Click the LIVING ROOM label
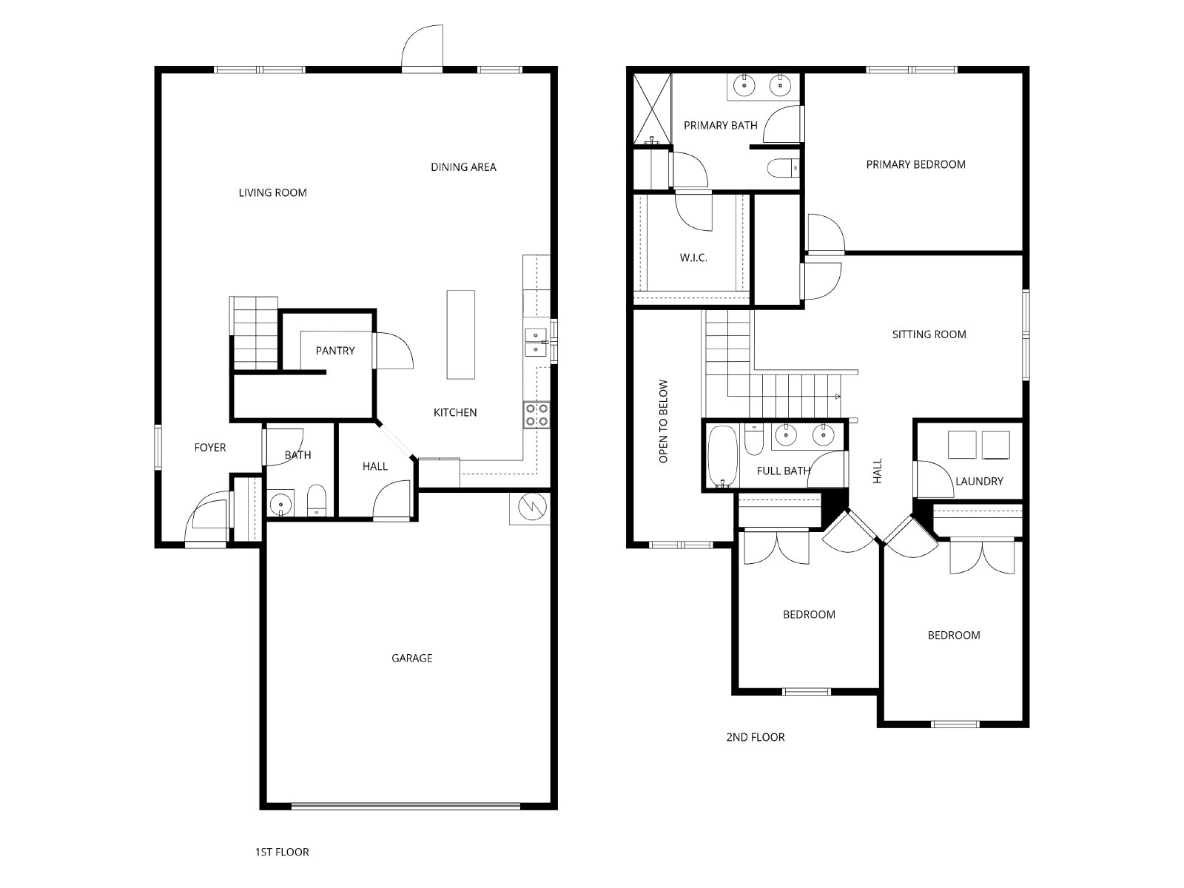pyautogui.click(x=272, y=192)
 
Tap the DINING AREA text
pyautogui.click(x=463, y=167)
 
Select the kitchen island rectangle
pyautogui.click(x=461, y=334)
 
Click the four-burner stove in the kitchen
pyautogui.click(x=536, y=414)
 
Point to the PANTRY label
pyautogui.click(x=335, y=351)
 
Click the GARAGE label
pyautogui.click(x=411, y=658)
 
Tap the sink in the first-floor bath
pyautogui.click(x=280, y=504)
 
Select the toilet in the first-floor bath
pyautogui.click(x=317, y=500)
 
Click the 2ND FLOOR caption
pyautogui.click(x=756, y=737)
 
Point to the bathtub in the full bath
pyautogui.click(x=722, y=457)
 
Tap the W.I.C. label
pyautogui.click(x=693, y=258)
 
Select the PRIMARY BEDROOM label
pyautogui.click(x=915, y=164)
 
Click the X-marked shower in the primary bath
pyautogui.click(x=652, y=109)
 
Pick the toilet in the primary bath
pyautogui.click(x=783, y=168)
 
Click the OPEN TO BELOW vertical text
pyautogui.click(x=664, y=421)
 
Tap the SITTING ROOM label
pyautogui.click(x=929, y=334)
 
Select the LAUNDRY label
pyautogui.click(x=979, y=481)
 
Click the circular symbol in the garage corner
pyautogui.click(x=532, y=506)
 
